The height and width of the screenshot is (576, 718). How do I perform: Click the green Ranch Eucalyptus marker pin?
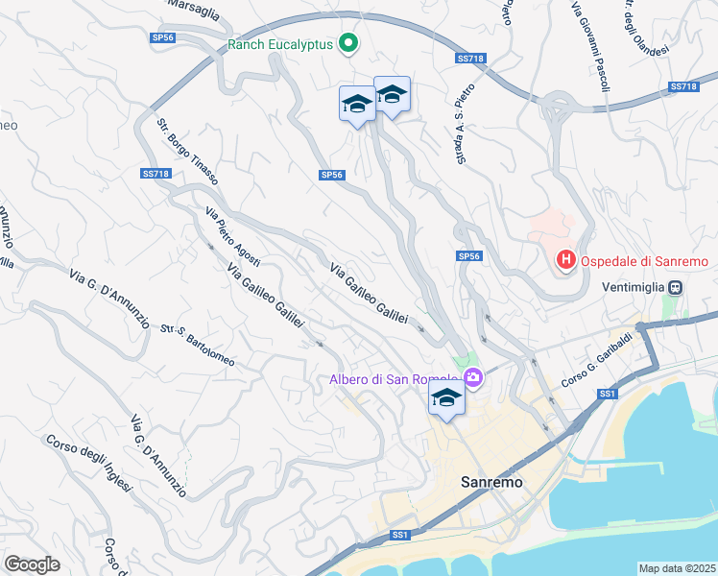(348, 44)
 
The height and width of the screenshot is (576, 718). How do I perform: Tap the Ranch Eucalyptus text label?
(279, 44)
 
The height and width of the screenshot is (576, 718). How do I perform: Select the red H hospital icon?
(566, 260)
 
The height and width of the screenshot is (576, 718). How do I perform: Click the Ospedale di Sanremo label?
(642, 261)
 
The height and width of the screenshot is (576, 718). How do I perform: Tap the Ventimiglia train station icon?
(676, 287)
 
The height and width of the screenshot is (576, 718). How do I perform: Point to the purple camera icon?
(472, 379)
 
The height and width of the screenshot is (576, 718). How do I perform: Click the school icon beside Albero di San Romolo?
(446, 399)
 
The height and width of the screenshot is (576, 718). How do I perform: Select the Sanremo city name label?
(491, 483)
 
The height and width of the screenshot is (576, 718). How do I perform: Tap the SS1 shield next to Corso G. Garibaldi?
(607, 394)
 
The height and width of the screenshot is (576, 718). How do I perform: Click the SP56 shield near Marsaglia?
(163, 37)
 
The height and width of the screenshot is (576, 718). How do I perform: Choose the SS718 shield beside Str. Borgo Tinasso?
(155, 174)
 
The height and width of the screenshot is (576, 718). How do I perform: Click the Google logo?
(33, 564)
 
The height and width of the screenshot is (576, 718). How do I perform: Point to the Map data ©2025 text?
(676, 568)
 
